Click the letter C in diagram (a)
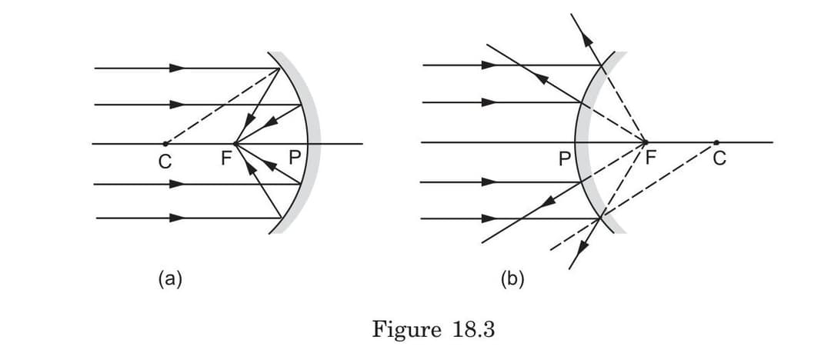(164, 161)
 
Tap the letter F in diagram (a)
(225, 159)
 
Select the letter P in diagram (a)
(293, 158)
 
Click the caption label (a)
(171, 278)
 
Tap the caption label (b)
(512, 278)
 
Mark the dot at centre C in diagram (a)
(165, 143)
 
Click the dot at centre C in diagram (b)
(716, 142)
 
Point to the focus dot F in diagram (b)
(645, 142)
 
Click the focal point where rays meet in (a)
(235, 143)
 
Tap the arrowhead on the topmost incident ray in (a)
(178, 68)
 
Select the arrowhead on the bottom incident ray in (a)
(178, 218)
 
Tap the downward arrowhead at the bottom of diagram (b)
(582, 245)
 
